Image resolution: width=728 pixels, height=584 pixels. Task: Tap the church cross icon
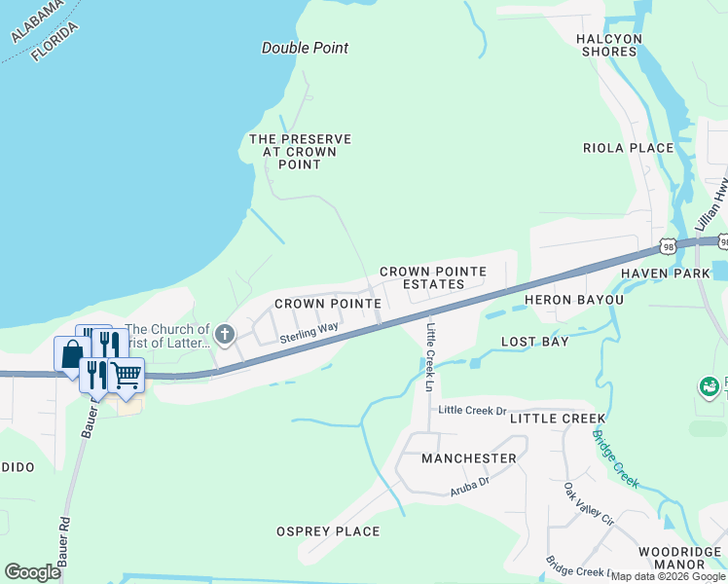(x=225, y=336)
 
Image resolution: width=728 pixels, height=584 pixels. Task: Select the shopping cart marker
(x=126, y=375)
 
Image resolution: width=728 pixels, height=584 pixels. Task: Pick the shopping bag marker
(x=72, y=354)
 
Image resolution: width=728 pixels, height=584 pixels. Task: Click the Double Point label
(x=305, y=48)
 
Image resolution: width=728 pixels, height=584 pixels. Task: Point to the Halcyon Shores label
(x=609, y=45)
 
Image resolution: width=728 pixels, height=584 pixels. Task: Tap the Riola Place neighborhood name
(x=628, y=148)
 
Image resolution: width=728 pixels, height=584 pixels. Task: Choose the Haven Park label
(x=678, y=274)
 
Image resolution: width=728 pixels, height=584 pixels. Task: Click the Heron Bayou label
(x=574, y=300)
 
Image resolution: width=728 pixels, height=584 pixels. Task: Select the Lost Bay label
(x=534, y=342)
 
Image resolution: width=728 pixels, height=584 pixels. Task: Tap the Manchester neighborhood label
(x=469, y=457)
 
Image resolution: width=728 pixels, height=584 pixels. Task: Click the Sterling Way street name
(x=309, y=333)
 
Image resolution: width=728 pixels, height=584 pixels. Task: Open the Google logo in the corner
(x=33, y=572)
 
